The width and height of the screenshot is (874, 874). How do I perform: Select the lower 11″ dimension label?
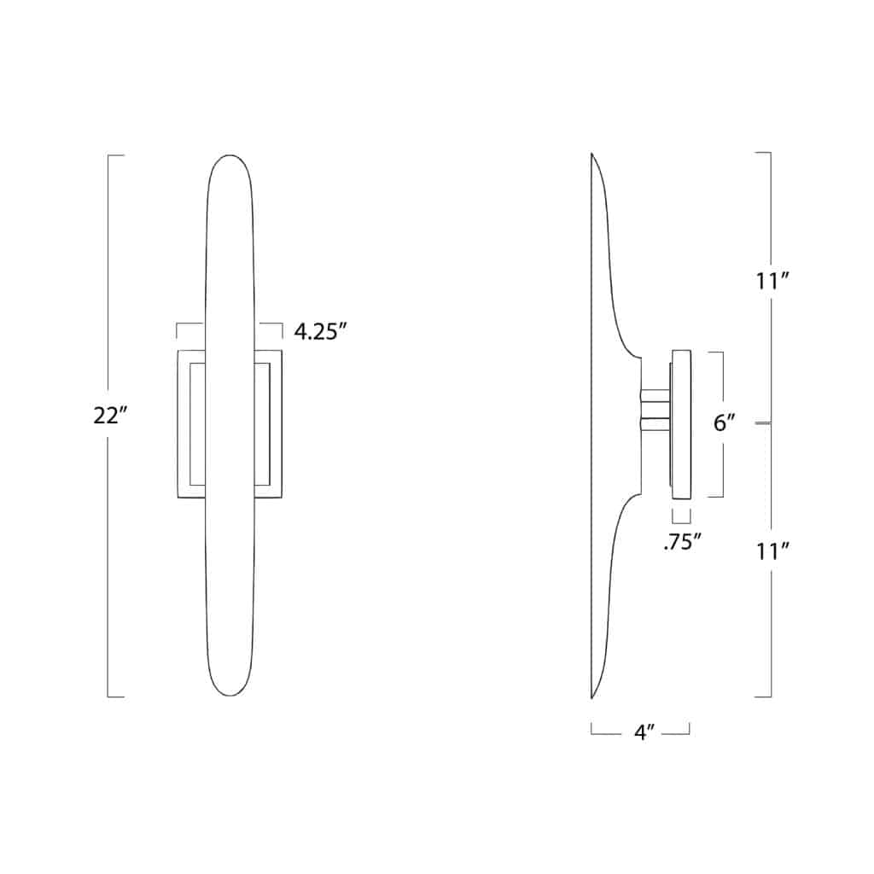click(771, 551)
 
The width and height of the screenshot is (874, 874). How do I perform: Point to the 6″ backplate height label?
click(725, 422)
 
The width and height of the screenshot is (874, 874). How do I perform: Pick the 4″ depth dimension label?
click(640, 732)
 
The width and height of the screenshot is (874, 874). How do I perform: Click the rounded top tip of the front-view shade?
click(229, 157)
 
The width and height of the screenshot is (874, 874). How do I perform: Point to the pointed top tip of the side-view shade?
click(591, 154)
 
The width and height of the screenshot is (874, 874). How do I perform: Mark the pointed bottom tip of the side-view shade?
click(591, 697)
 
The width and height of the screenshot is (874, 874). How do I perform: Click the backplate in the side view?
click(681, 424)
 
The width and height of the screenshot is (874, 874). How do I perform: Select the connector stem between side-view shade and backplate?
click(655, 409)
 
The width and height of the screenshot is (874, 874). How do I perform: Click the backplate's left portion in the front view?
click(189, 424)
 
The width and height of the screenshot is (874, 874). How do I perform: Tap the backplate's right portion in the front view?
click(268, 424)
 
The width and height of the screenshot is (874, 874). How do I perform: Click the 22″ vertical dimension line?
click(108, 555)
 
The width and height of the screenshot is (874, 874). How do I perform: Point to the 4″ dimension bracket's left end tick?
click(591, 729)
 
